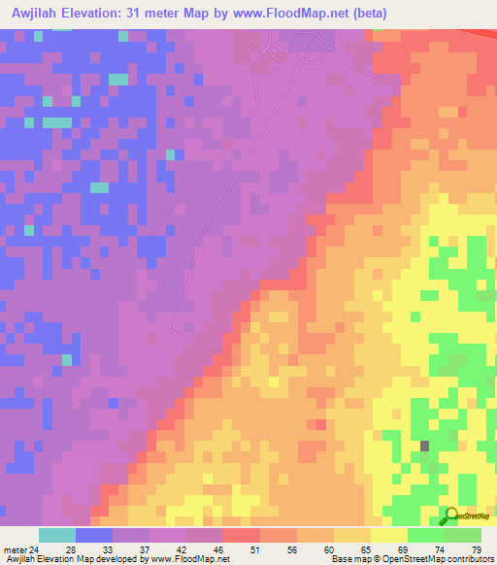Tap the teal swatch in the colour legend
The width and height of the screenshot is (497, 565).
click(x=57, y=535)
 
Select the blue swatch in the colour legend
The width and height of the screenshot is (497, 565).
click(x=94, y=535)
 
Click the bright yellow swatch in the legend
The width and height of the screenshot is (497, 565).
click(x=388, y=535)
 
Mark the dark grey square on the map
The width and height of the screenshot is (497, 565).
click(x=425, y=447)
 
